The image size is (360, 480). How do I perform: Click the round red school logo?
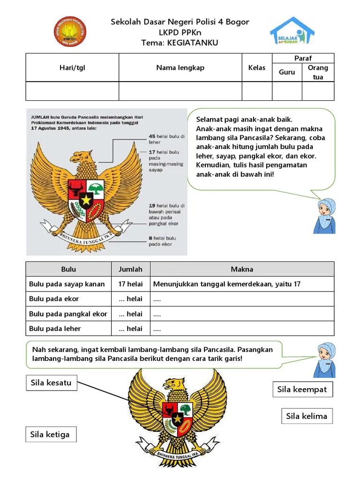70,31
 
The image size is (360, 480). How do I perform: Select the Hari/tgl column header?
72,67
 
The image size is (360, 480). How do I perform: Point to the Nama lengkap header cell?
180,67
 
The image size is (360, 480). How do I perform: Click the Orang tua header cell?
318,72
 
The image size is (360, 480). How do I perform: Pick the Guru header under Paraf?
287,72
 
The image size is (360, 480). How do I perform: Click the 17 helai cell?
131,284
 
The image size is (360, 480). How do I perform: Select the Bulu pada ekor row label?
54,299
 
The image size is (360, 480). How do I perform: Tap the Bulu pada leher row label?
55,329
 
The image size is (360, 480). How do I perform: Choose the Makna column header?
242,269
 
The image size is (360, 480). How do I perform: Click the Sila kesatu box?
51,383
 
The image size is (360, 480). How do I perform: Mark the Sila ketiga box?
50,434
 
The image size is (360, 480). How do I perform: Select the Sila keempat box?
302,389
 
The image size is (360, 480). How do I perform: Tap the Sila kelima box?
307,416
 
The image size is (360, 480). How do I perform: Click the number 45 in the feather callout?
152,136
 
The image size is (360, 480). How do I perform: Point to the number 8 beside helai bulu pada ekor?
150,238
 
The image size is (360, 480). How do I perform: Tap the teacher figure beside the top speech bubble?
324,215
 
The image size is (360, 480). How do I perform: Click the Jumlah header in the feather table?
130,269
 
